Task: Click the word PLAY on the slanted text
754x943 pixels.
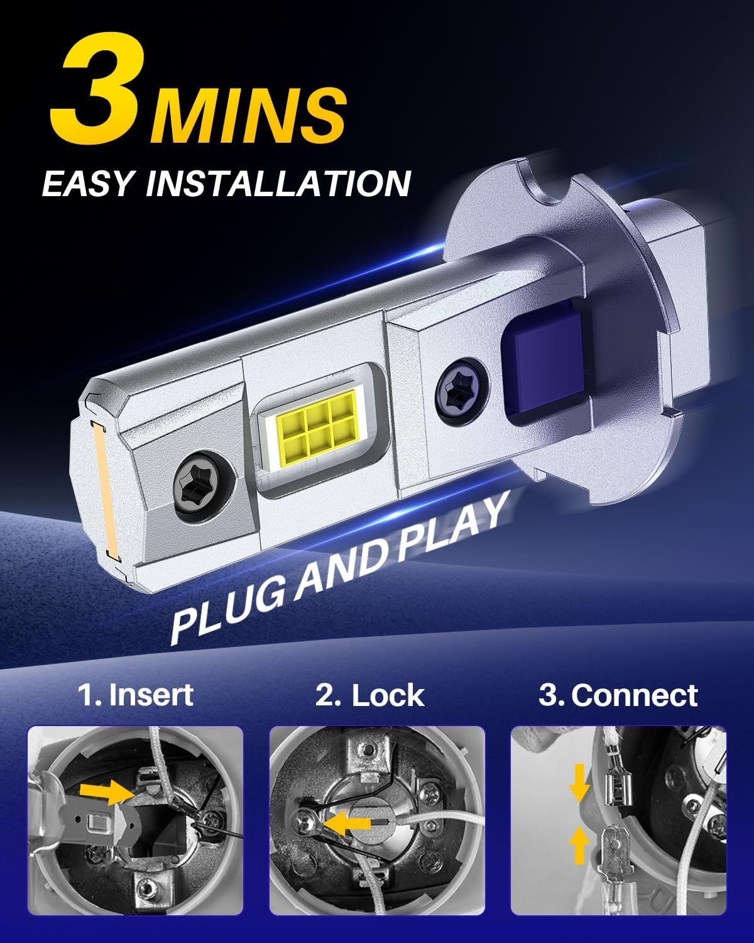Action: click(451, 526)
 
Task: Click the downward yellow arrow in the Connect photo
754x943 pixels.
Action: click(579, 783)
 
